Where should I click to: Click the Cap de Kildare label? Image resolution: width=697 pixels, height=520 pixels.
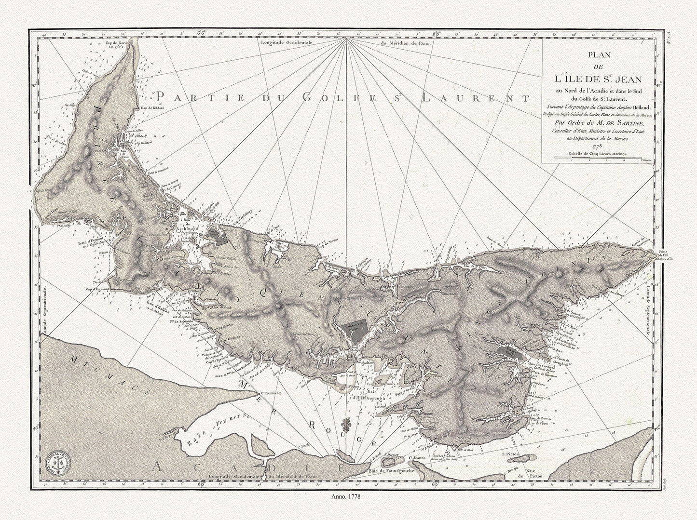click(x=153, y=108)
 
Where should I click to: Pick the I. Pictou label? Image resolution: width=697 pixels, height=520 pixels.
click(x=510, y=453)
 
